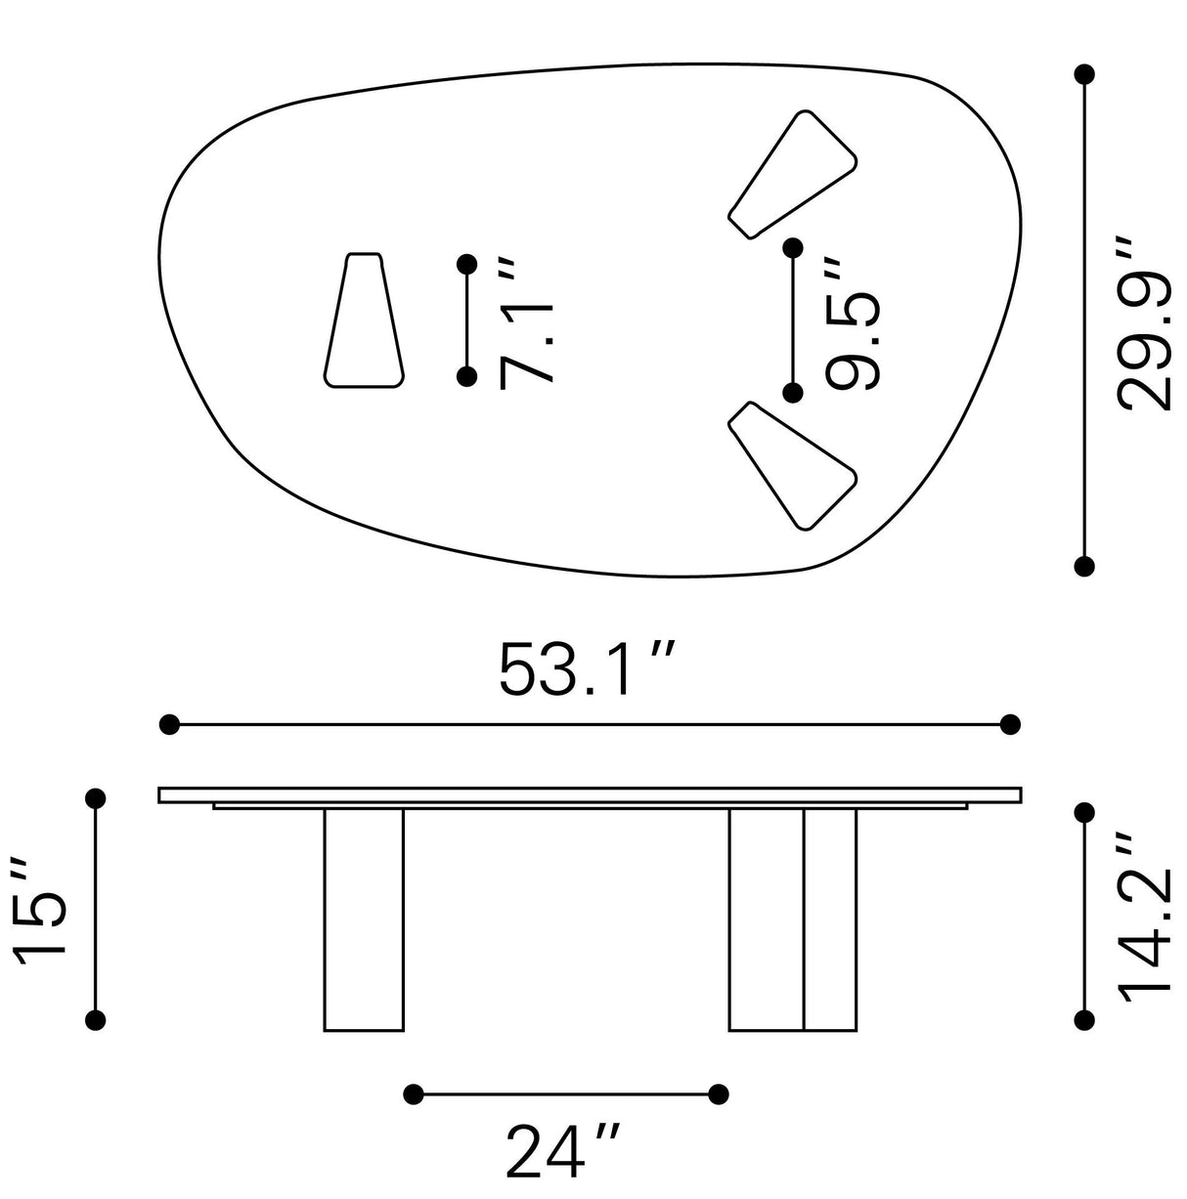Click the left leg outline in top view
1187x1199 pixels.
tap(364, 321)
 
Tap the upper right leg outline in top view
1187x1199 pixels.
tap(792, 175)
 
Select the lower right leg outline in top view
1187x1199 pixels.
tap(792, 465)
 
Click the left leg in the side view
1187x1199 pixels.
tap(363, 919)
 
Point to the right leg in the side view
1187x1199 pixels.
tap(792, 919)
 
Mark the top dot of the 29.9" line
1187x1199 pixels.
tap(1083, 74)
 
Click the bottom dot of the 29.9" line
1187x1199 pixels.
tap(1083, 565)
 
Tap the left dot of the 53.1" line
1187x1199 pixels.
tap(169, 724)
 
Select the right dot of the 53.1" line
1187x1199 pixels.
tap(1011, 724)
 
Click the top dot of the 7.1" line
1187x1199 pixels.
tap(467, 264)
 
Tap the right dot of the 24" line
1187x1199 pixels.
tap(719, 1092)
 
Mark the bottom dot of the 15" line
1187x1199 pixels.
tap(96, 1020)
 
